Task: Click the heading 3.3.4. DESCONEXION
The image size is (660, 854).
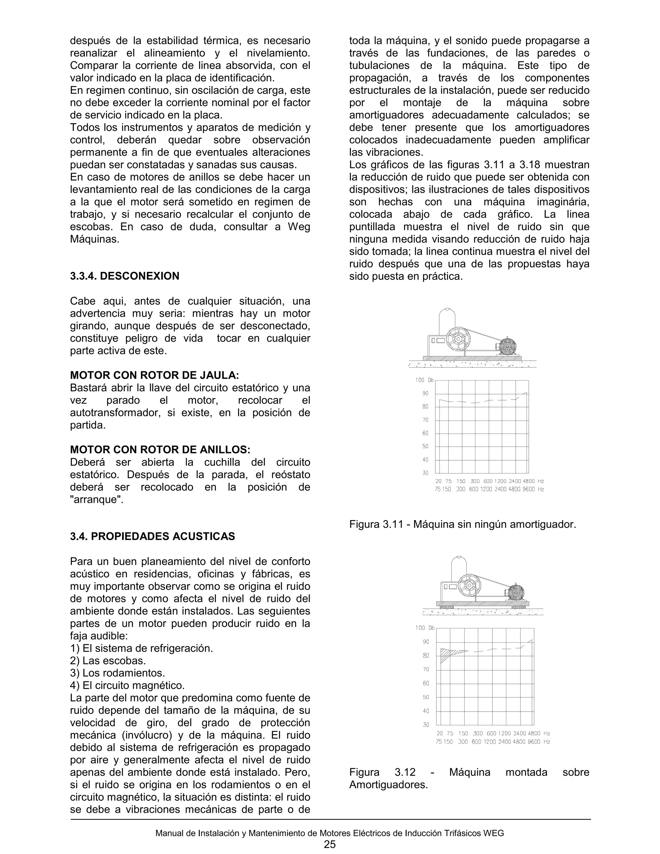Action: click(124, 276)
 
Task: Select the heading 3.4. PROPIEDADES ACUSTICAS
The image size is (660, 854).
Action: click(152, 536)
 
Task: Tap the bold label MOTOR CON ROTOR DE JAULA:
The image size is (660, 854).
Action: click(154, 375)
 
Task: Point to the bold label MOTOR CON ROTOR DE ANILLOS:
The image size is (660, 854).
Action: click(160, 450)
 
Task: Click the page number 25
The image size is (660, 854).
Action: click(330, 844)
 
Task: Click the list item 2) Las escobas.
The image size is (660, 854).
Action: click(108, 661)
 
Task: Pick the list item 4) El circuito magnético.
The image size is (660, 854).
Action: click(127, 685)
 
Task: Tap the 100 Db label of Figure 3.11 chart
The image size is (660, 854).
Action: click(424, 380)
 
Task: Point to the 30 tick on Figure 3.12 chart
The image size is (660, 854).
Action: click(426, 724)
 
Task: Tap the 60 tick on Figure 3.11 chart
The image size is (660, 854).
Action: click(425, 433)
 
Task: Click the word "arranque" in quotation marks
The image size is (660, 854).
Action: click(96, 500)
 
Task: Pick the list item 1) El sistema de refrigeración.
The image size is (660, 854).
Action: click(141, 648)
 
